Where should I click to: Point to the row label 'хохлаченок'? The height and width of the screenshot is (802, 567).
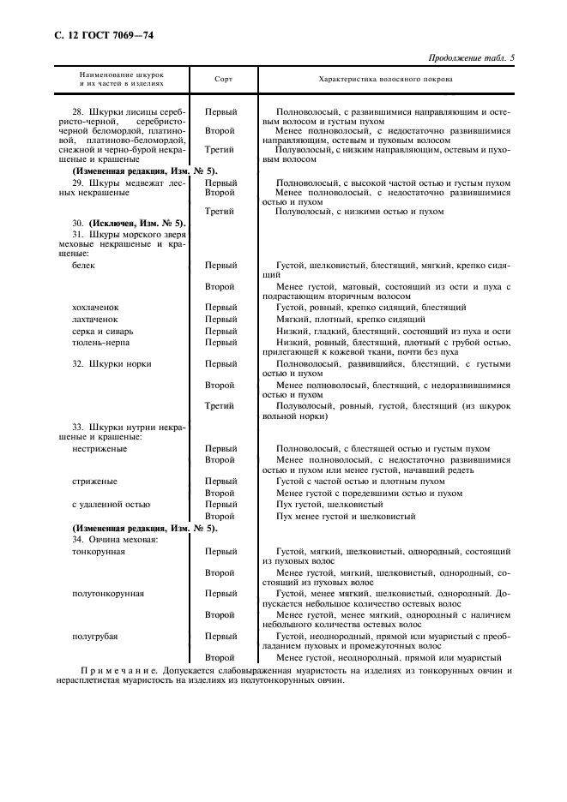point(95,307)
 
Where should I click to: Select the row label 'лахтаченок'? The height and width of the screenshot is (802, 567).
point(94,319)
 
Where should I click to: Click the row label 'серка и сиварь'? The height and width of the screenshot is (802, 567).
point(103,331)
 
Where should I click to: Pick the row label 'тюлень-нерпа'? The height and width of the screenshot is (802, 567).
point(100,343)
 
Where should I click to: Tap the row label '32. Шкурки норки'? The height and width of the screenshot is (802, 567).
point(112,363)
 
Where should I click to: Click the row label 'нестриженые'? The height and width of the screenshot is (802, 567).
point(100,448)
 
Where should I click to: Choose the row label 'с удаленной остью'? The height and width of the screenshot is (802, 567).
point(111,505)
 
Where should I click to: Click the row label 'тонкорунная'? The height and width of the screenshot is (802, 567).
point(99,552)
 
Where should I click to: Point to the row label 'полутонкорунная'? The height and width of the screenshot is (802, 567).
point(107,593)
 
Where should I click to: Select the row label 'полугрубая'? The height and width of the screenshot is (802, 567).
point(95,636)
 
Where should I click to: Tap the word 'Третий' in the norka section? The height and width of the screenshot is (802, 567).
point(220,406)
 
